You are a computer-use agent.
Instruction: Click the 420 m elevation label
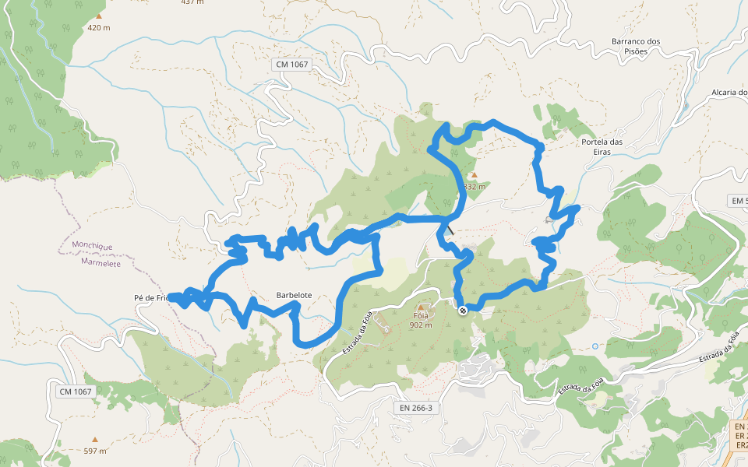click(x=98, y=28)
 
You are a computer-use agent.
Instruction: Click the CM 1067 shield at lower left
click(x=76, y=391)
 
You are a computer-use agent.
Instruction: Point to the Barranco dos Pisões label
click(x=636, y=46)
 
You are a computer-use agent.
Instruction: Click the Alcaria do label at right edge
click(x=729, y=93)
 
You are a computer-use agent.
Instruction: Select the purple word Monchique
click(x=92, y=245)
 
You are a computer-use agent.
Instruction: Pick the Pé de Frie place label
click(x=150, y=298)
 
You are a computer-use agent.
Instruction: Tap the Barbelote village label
click(x=294, y=296)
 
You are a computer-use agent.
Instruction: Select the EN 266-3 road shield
click(x=415, y=407)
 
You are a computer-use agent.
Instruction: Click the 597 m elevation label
click(x=95, y=451)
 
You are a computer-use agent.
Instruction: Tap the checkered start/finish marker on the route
click(x=463, y=311)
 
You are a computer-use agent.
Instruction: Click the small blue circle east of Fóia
click(x=595, y=346)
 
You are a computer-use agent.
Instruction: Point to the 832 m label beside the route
click(x=475, y=187)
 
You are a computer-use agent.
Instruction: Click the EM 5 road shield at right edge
click(x=738, y=201)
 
